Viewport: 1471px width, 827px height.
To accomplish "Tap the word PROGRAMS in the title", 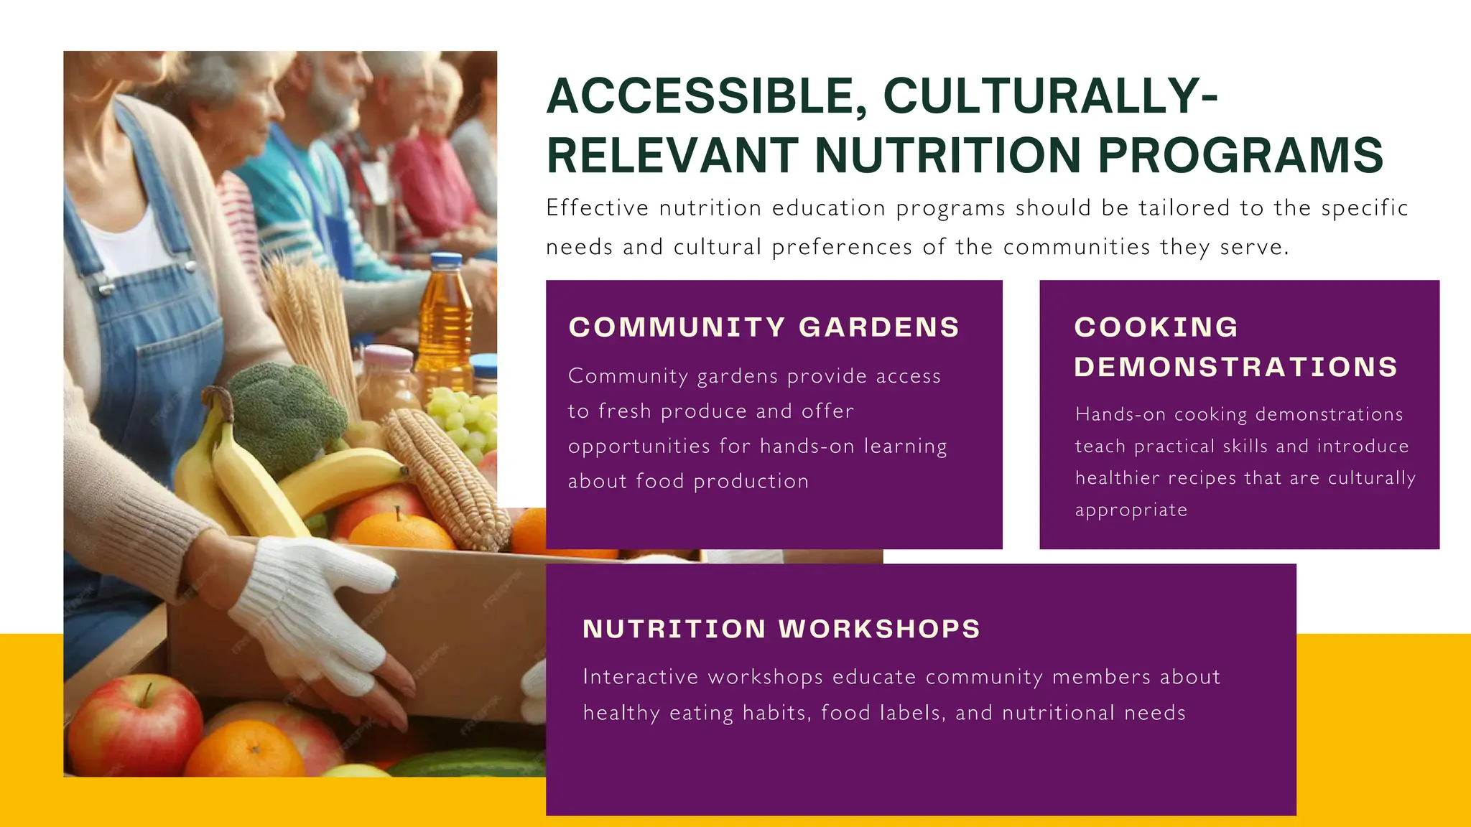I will pos(1240,155).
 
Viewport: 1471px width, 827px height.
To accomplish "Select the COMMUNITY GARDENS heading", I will pos(764,327).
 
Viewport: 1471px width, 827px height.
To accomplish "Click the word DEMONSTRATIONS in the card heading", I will pos(1235,367).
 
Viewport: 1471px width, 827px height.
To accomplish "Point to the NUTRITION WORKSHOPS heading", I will pos(781,629).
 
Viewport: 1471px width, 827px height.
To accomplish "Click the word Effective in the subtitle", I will pos(597,208).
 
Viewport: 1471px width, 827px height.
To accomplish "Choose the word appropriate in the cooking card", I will pos(1131,510).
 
